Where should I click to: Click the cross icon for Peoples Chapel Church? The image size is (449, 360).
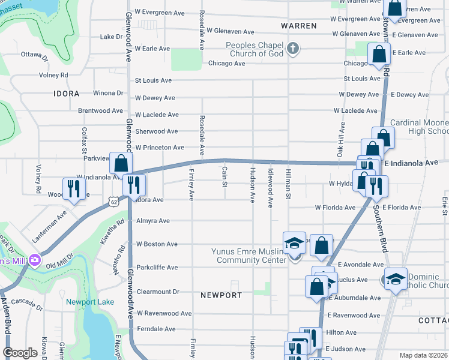[292, 49]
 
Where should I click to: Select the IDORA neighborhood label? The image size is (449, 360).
[66, 94]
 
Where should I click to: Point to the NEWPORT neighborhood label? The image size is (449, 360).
[221, 295]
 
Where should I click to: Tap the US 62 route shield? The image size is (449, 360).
[113, 202]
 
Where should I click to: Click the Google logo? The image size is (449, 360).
[20, 352]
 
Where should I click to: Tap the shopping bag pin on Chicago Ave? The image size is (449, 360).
[380, 55]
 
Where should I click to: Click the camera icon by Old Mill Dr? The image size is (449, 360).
[34, 260]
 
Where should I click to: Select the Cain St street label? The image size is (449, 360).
[224, 176]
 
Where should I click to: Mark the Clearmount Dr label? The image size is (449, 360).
[158, 292]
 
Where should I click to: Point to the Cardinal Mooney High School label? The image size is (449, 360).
[420, 127]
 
